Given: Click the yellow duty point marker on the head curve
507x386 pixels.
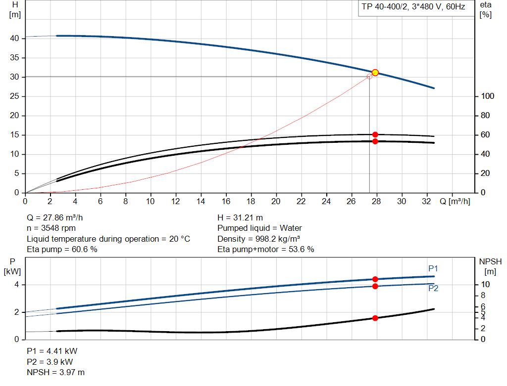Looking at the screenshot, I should coord(375,73).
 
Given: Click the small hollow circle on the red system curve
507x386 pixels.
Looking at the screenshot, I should coord(369,77).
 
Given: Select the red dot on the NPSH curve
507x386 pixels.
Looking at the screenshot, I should coord(375,318).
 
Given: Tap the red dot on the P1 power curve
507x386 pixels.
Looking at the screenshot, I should coord(375,279).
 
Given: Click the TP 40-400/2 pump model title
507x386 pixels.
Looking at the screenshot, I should coord(413,7).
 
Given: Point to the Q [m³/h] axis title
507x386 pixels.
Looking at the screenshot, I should coord(455,201).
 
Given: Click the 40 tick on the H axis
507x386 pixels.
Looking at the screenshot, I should coord(14,39).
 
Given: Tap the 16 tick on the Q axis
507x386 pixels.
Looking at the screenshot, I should coord(226,201).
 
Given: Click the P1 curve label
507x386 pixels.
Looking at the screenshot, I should coord(433,268).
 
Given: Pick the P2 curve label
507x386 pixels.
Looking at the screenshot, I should coord(433,289).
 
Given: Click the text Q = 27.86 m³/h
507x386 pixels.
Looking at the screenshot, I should coord(58,217).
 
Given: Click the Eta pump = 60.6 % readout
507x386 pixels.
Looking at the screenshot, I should coord(62,250).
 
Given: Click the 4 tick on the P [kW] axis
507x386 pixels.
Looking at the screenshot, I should coord(16,285).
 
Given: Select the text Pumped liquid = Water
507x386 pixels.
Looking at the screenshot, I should coord(259,228).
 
